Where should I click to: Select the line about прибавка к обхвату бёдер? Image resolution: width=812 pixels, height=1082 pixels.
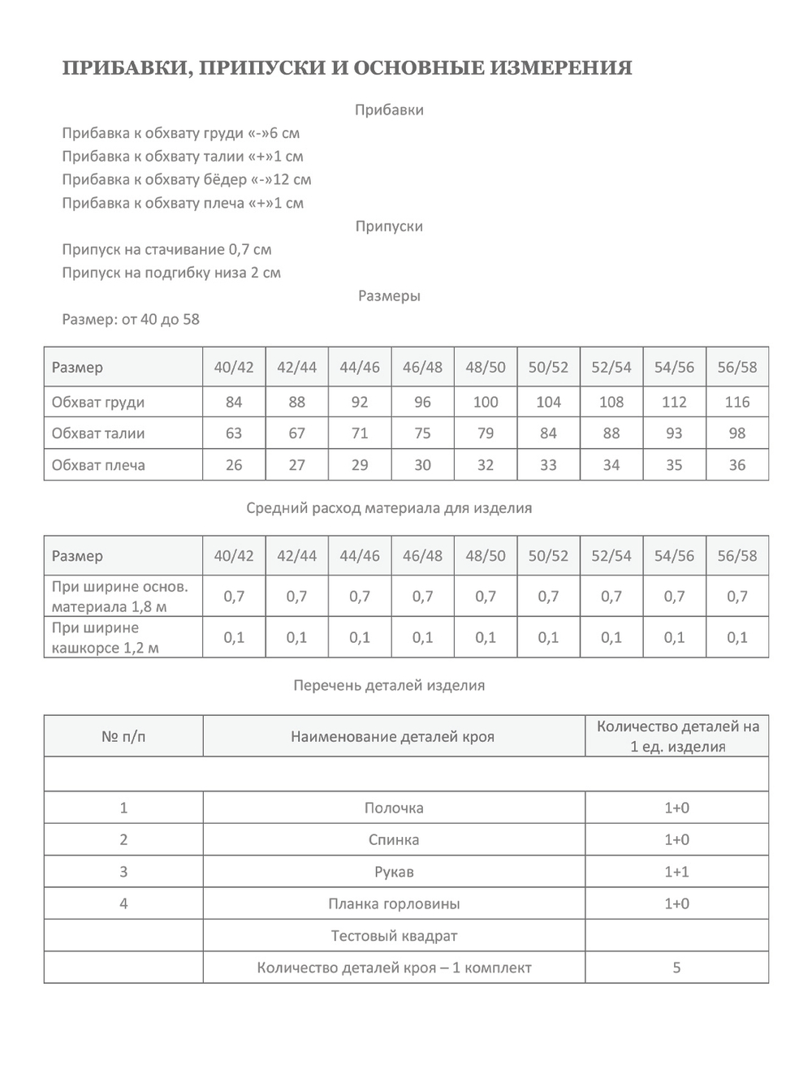pos(186,179)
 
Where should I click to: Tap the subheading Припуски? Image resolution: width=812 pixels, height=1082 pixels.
pos(389,226)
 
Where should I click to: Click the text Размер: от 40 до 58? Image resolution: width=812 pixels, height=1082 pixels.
pos(130,319)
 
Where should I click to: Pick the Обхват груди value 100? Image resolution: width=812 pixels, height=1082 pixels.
pos(486,402)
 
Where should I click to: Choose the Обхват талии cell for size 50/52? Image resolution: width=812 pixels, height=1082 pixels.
pos(548,433)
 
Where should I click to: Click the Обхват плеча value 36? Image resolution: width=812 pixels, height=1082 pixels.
pos(736,465)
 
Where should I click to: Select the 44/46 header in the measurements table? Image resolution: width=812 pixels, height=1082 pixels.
pos(360,367)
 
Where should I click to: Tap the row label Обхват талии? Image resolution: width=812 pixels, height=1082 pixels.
pos(98,433)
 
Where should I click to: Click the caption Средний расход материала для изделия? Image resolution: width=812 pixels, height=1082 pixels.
pos(389,508)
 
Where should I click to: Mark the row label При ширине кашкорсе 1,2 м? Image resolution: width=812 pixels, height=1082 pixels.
pos(106,637)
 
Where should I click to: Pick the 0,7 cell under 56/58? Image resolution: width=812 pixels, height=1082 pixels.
pos(736,597)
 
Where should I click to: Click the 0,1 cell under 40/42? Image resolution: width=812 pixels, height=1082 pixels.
pos(234,637)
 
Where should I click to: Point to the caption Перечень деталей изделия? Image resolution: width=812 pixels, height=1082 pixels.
pos(389,685)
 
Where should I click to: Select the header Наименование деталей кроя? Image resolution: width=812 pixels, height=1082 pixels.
pos(392,737)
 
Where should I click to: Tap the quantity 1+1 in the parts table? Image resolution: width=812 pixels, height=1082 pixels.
pos(676,872)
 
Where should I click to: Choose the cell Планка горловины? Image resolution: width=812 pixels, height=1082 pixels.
pos(394,903)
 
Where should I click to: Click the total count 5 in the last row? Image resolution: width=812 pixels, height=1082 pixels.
pos(676,968)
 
